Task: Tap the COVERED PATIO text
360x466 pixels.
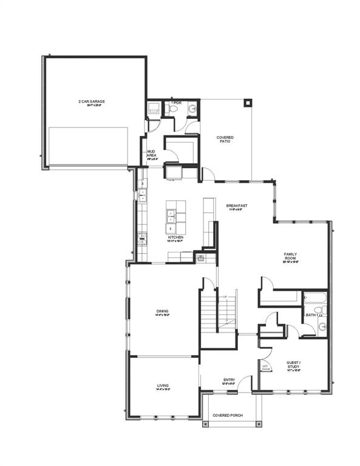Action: (225, 140)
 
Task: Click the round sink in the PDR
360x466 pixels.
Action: (192, 109)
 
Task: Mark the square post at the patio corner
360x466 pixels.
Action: (247, 103)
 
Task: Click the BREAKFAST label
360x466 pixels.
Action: (237, 207)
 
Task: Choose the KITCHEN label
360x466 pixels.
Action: (176, 238)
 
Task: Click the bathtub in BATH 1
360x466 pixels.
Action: (314, 299)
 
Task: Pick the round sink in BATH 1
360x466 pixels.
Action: (321, 327)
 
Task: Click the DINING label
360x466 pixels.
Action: (162, 312)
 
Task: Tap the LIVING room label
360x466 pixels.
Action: (163, 386)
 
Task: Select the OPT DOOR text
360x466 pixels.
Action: (265, 367)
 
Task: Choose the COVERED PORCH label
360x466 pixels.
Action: (228, 416)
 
